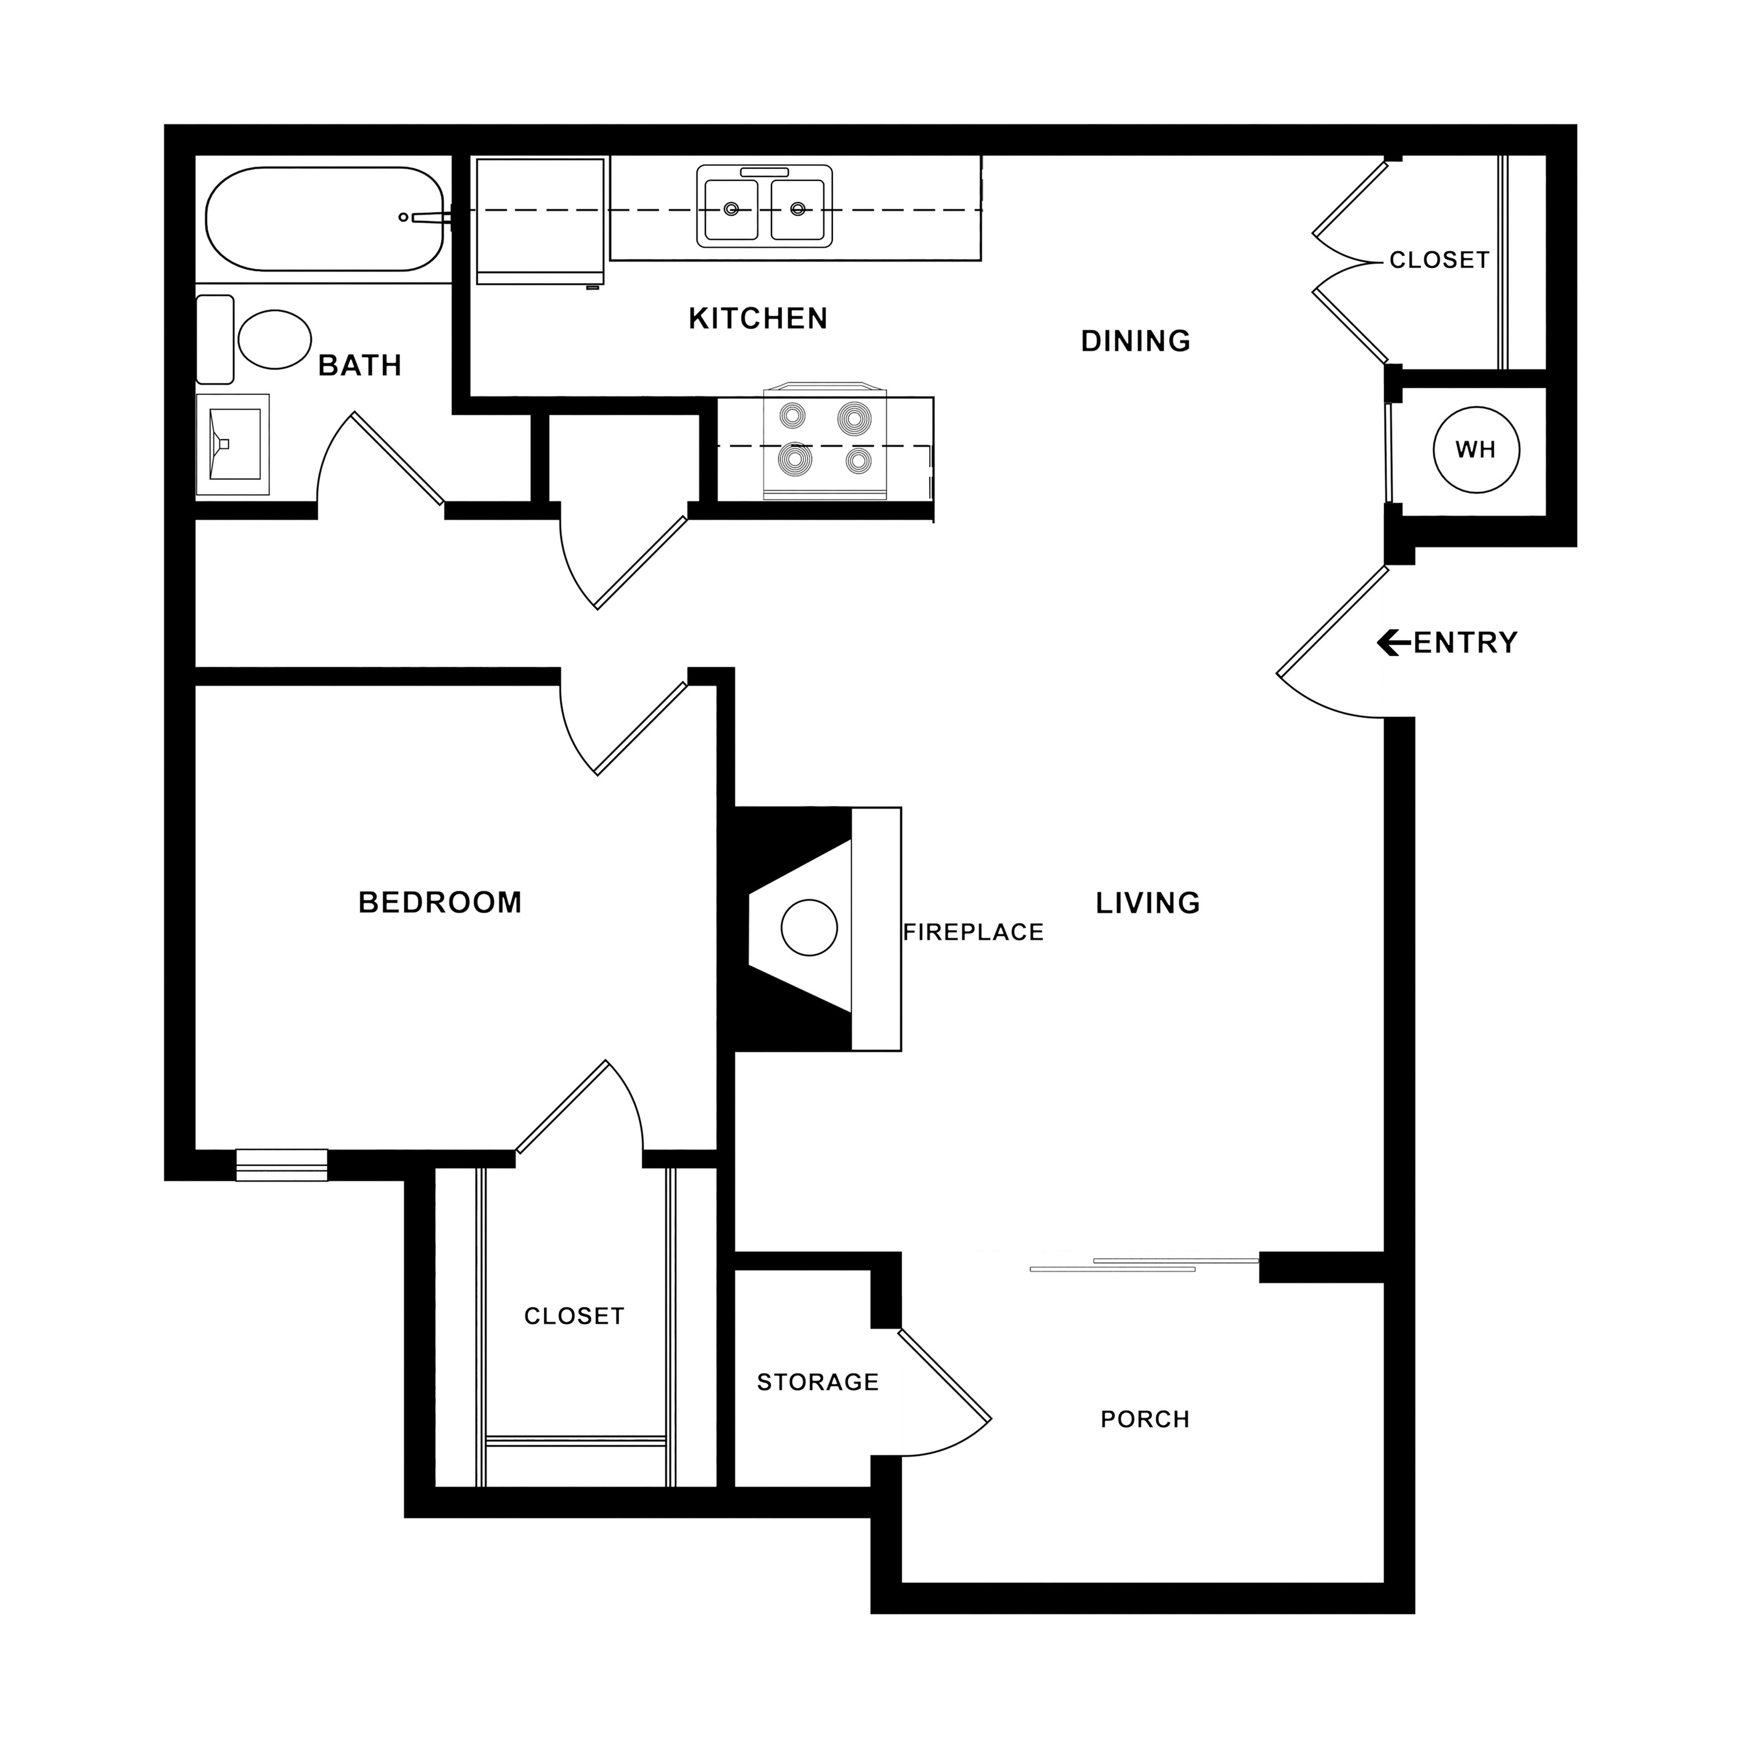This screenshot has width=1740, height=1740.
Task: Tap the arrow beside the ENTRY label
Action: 1393,642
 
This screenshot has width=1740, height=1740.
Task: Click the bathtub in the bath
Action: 324,218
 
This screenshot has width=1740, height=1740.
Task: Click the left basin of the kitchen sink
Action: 731,209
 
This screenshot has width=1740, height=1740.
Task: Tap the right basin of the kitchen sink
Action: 797,209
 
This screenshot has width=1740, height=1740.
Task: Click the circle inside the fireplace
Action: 809,927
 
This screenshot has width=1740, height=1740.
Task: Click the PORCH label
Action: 1145,1419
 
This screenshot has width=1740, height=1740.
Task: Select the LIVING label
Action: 1147,902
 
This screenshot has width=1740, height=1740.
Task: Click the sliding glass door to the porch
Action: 1144,1264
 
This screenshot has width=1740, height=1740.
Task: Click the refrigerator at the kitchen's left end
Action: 539,220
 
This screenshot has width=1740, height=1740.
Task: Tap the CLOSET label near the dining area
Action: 1438,260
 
